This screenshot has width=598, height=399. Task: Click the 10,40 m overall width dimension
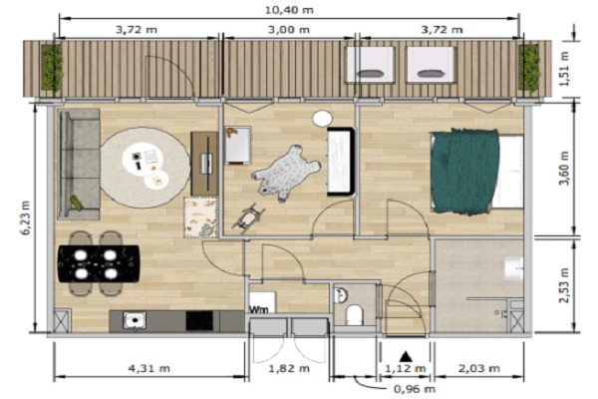(x=289, y=10)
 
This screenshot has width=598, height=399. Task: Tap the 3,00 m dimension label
(x=289, y=29)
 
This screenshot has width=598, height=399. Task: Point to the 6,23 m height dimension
(x=26, y=217)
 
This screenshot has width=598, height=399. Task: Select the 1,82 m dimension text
(x=289, y=368)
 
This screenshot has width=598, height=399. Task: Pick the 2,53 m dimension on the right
(x=564, y=285)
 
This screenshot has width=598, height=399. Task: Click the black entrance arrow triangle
(x=405, y=357)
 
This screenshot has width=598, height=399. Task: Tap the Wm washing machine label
(x=258, y=309)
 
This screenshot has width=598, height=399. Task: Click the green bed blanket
(x=464, y=171)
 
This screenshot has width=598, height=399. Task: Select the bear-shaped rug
(x=286, y=173)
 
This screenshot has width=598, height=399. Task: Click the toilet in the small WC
(x=354, y=315)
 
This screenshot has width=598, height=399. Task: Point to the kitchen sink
(x=135, y=320)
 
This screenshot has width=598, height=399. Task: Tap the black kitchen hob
(x=199, y=321)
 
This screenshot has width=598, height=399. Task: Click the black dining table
(x=99, y=263)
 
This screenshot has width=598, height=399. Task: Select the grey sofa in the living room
(x=79, y=165)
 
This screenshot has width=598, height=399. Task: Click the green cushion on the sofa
(x=77, y=202)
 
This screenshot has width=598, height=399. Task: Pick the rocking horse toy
(x=249, y=217)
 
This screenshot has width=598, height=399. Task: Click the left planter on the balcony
(x=52, y=68)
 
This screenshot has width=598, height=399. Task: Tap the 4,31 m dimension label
(x=149, y=368)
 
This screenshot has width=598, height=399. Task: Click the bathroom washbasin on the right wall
(x=514, y=268)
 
